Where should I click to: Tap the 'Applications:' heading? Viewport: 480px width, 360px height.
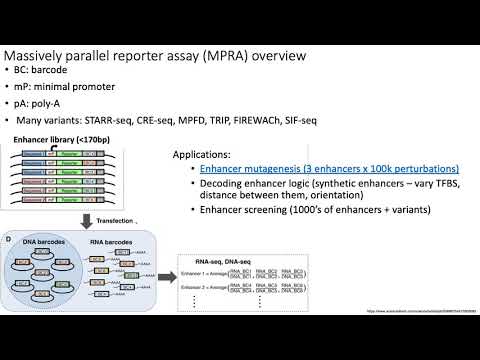pyautogui.click(x=202, y=155)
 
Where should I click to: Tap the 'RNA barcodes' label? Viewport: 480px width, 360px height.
pyautogui.click(x=114, y=245)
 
